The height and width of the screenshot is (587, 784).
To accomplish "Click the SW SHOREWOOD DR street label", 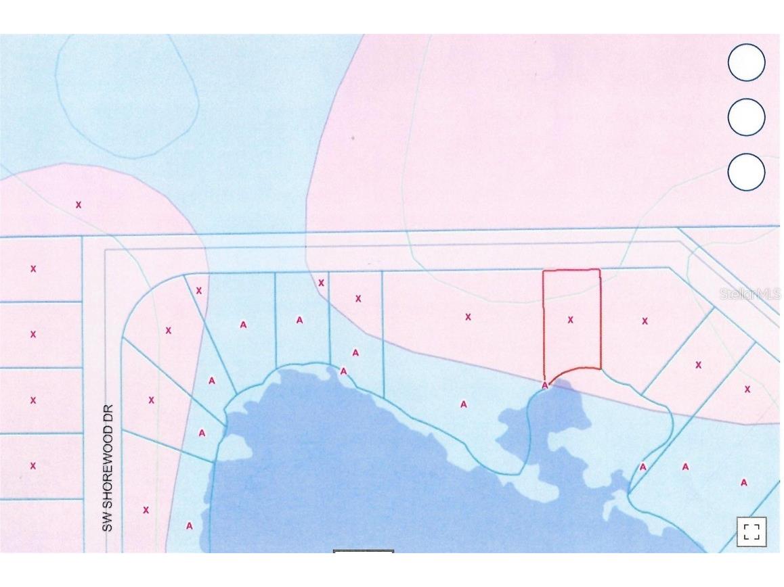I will point(108,468).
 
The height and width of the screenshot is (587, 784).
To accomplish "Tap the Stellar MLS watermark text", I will point(749,294).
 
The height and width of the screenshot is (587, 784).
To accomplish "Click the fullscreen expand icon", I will point(752,531).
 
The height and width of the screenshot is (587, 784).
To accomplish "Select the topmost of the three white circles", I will point(746,63).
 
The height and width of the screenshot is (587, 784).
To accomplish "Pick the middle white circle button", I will point(746,118).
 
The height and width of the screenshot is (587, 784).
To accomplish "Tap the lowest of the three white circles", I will point(746,172).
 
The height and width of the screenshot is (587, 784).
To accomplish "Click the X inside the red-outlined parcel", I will point(570,320).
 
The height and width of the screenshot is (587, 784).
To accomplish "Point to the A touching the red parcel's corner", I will point(545,385).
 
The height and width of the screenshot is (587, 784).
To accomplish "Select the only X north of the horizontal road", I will point(79,204).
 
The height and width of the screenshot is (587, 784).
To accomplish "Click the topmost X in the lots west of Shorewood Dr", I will point(33,268).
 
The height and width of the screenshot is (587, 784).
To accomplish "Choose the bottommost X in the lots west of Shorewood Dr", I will point(33,465).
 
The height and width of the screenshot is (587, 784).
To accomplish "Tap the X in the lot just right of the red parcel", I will point(645,321).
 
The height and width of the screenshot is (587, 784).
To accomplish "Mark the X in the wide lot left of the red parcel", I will point(468,316).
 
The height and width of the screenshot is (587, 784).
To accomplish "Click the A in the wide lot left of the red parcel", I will point(464,404).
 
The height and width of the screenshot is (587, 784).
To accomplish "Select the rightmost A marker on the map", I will point(744,483).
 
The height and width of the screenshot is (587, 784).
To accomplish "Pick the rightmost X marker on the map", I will point(747,390).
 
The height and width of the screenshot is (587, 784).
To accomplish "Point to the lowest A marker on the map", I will point(190,525).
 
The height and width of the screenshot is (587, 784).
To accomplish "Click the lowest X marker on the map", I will point(146,510).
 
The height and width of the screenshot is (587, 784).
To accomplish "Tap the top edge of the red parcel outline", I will point(571,271).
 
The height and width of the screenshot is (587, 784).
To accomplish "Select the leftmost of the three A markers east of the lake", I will point(643,467).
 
